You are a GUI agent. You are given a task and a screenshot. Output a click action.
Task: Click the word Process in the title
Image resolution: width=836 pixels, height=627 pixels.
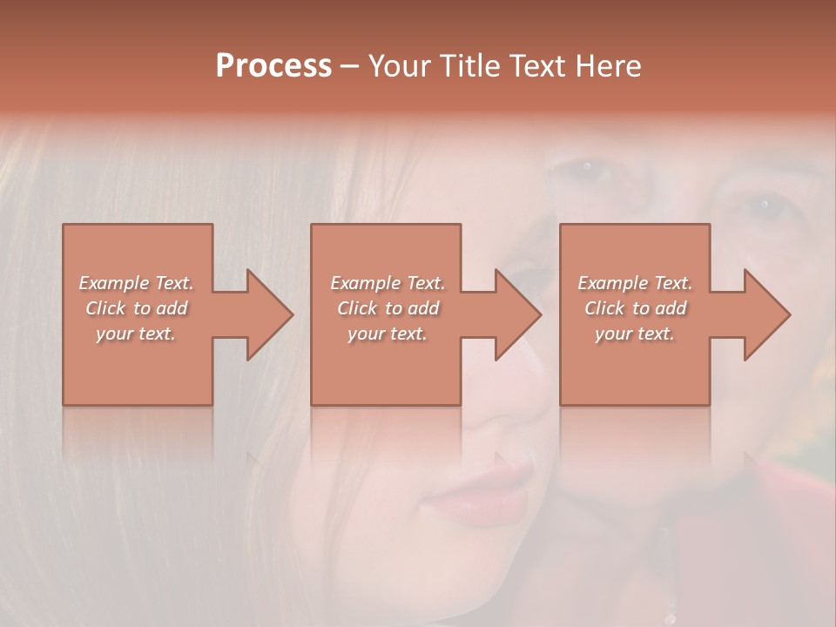click(x=273, y=66)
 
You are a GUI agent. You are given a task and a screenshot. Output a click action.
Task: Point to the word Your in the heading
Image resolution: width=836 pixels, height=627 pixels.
click(x=400, y=66)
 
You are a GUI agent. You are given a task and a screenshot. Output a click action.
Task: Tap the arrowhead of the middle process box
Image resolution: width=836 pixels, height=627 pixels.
click(x=517, y=314)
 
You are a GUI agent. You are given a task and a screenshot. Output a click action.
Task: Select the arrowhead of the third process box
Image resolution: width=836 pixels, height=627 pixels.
click(x=766, y=314)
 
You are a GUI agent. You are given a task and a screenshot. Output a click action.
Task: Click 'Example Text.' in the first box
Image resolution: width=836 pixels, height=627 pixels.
click(x=136, y=283)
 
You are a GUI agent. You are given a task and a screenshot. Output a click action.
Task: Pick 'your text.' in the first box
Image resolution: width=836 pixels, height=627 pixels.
click(x=136, y=334)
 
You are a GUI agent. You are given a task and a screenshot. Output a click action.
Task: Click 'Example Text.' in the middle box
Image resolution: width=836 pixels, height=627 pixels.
click(x=388, y=283)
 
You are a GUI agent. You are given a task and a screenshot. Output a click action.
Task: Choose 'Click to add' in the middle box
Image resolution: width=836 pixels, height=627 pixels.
click(x=388, y=308)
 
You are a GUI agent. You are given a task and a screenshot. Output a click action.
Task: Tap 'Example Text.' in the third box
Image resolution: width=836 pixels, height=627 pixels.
click(x=635, y=283)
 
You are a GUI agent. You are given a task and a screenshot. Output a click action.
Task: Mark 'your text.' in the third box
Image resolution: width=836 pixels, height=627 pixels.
click(x=635, y=334)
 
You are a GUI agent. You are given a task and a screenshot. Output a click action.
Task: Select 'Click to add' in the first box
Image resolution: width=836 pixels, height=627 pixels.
click(x=136, y=308)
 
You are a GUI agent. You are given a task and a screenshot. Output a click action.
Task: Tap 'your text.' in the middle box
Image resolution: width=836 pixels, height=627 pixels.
click(x=388, y=334)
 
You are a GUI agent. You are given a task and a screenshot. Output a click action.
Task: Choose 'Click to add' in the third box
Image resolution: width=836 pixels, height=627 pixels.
click(x=635, y=308)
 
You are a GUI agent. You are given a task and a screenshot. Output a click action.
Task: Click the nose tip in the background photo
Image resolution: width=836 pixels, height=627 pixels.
click(x=509, y=409)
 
